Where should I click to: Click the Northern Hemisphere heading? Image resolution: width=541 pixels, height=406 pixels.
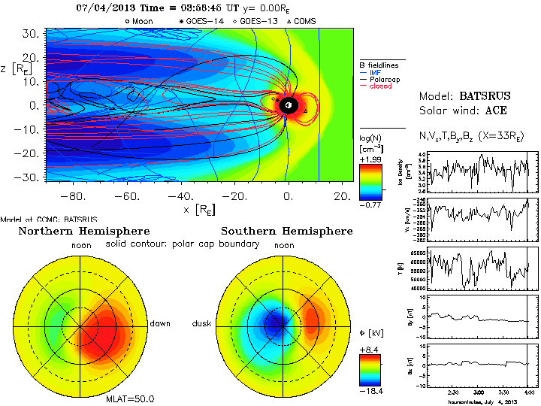84,231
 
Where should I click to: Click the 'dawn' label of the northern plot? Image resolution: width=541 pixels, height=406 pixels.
160,323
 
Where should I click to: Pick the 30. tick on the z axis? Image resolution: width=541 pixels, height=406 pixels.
31,34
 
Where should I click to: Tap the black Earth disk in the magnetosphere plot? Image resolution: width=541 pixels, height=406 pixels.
287,106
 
